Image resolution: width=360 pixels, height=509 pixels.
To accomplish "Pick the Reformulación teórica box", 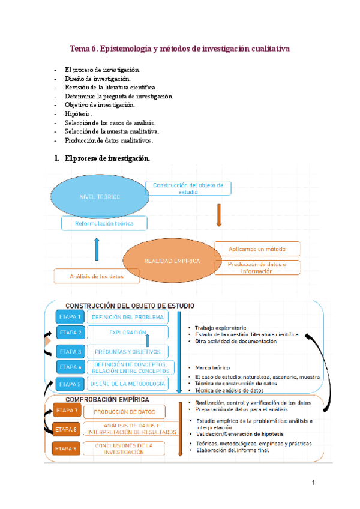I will (x=104, y=224).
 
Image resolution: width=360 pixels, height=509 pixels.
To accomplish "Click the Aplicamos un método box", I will (x=257, y=248).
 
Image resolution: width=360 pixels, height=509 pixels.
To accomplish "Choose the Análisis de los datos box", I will (x=97, y=276).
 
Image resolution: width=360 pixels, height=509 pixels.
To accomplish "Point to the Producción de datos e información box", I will (x=257, y=268).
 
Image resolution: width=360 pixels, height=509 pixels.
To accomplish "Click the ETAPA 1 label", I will (x=70, y=316).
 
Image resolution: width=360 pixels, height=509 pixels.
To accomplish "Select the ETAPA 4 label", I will (x=70, y=366).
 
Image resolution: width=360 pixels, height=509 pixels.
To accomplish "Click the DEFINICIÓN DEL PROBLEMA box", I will (x=127, y=316).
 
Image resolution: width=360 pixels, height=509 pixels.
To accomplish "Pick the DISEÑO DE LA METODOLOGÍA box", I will (x=127, y=384).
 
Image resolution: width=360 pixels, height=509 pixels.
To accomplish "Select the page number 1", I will (x=313, y=483).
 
